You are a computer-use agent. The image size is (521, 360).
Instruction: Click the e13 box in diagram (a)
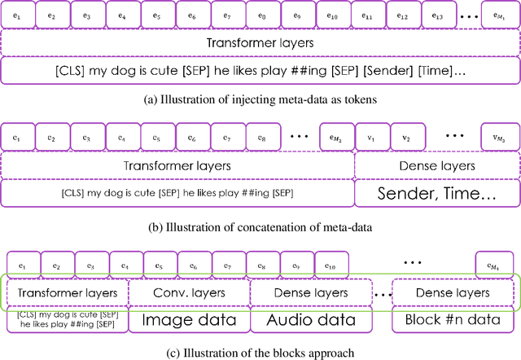click(439, 15)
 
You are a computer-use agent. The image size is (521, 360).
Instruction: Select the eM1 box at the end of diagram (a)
click(497, 15)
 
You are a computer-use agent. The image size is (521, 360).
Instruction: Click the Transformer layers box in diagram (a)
click(258, 43)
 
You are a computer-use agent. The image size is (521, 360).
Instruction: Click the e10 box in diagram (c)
click(330, 265)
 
